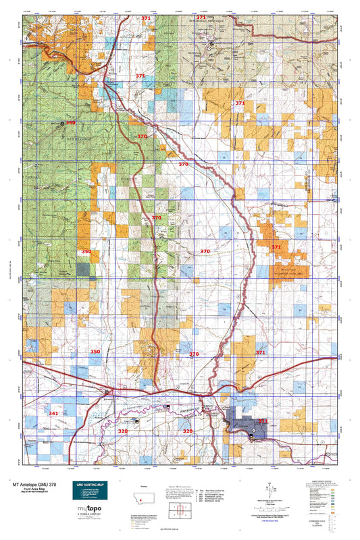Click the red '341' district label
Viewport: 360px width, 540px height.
click(53, 413)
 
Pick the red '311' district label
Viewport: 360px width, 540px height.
click(263, 421)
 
